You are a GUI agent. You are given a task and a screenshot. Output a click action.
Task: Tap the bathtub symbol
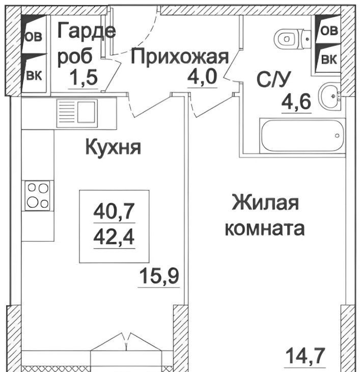(x=302, y=136)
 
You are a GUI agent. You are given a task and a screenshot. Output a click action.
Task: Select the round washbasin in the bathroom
(x=329, y=96)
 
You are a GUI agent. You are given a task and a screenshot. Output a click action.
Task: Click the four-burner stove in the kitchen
(x=38, y=196)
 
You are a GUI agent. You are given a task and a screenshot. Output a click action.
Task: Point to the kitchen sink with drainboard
(x=77, y=114)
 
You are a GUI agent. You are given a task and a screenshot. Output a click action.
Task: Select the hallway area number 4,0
(x=202, y=76)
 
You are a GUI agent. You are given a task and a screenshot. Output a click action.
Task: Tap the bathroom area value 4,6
(x=296, y=101)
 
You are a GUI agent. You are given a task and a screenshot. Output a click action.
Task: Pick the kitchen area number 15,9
(x=159, y=276)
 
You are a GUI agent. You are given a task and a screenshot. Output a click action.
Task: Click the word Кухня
(x=113, y=147)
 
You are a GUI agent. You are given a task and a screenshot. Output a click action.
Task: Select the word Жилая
(x=265, y=202)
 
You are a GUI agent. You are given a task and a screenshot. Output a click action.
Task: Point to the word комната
(x=265, y=228)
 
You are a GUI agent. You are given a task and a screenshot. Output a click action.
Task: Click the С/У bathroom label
(x=273, y=78)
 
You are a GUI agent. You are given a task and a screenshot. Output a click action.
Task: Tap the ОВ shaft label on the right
(x=329, y=31)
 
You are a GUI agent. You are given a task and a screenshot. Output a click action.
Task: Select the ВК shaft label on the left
(x=34, y=75)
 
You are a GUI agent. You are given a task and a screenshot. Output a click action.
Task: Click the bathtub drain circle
(x=337, y=136)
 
